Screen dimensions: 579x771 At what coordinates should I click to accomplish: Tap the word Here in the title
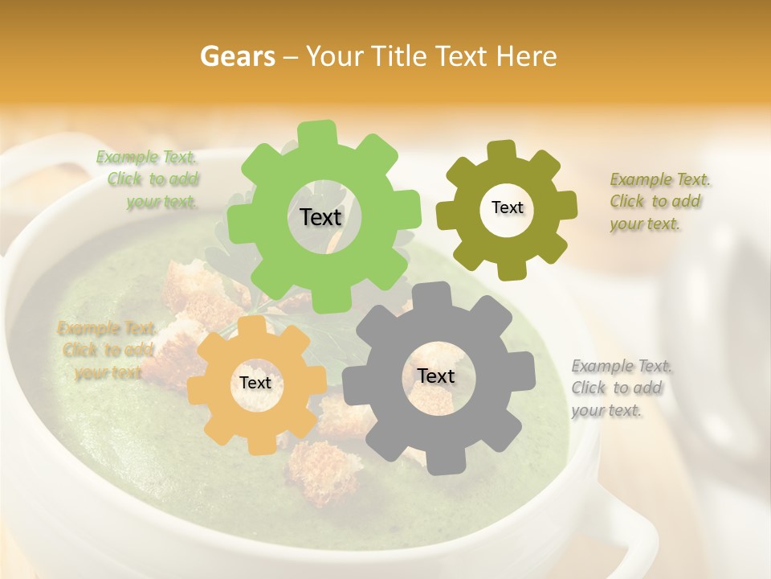(527, 56)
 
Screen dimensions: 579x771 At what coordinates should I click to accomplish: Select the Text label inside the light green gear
(320, 217)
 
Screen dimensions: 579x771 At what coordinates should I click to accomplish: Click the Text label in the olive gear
(507, 207)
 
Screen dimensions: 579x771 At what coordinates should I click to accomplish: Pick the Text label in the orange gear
(255, 383)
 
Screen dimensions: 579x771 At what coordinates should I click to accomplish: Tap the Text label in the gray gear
(435, 376)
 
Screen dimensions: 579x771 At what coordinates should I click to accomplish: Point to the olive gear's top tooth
(501, 151)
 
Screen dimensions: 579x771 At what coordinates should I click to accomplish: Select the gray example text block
(620, 388)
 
